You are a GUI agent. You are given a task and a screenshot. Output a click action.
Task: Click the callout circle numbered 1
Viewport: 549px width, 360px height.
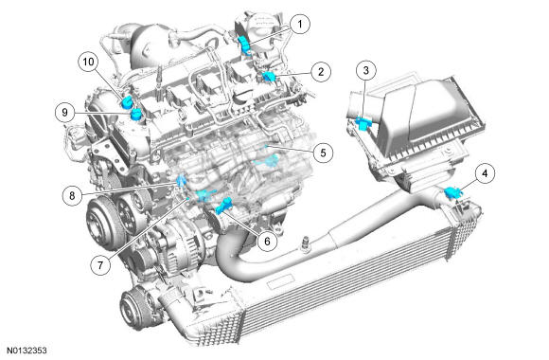[x=300, y=25]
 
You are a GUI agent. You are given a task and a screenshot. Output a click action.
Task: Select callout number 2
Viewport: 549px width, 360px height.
[x=321, y=72]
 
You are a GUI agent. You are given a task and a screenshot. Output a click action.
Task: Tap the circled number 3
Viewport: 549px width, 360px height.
[x=366, y=70]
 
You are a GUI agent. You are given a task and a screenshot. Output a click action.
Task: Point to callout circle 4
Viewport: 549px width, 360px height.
[x=485, y=173]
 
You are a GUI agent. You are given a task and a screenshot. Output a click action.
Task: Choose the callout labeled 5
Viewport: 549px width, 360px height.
[x=323, y=153]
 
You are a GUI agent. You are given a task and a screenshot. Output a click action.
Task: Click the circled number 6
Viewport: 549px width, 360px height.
[x=267, y=241]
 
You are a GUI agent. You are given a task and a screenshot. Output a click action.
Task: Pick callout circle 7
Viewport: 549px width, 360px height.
[x=100, y=265]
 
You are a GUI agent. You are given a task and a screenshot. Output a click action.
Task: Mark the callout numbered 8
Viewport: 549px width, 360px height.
[x=73, y=195]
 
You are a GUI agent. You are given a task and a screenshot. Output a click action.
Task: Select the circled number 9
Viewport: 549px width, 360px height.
[x=65, y=112]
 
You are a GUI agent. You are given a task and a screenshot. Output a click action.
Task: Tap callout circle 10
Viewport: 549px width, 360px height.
[x=88, y=62]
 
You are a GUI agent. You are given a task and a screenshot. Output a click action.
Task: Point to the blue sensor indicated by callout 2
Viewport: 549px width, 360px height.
[x=269, y=77]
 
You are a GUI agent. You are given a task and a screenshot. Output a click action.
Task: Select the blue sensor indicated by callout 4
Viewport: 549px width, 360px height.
[x=452, y=193]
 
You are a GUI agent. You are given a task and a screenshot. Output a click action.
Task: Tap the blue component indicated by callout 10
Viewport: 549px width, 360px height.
[x=127, y=101]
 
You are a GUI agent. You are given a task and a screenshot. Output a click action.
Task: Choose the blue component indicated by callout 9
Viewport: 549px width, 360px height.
[x=135, y=114]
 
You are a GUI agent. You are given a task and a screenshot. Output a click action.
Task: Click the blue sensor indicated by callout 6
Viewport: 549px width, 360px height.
[x=223, y=206]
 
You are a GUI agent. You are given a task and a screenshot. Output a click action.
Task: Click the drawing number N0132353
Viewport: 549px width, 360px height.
[x=27, y=351]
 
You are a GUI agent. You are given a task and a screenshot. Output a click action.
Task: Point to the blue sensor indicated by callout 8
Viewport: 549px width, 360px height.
[x=181, y=180]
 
